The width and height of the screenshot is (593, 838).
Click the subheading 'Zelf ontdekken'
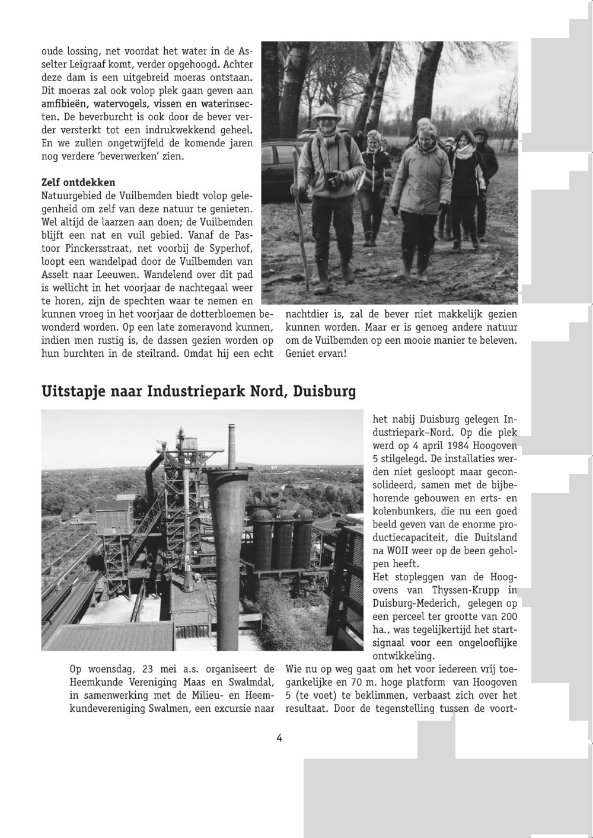pos(78,182)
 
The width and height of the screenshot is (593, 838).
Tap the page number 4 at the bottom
pos(279,738)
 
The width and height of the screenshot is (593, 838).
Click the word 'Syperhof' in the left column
pos(232,248)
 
